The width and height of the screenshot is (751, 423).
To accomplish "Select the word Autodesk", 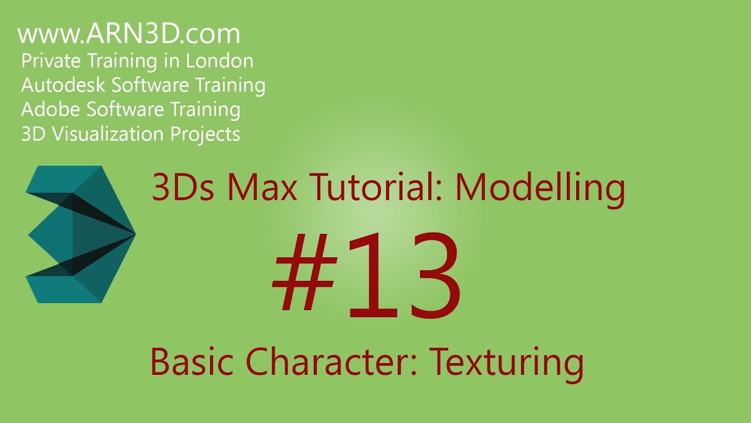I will [63, 85].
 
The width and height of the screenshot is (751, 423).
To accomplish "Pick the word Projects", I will [205, 134].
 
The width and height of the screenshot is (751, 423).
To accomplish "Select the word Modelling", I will [540, 189].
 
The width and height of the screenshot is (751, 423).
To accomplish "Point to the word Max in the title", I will [258, 189].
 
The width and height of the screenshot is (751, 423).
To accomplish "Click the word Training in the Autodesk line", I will [231, 85].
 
